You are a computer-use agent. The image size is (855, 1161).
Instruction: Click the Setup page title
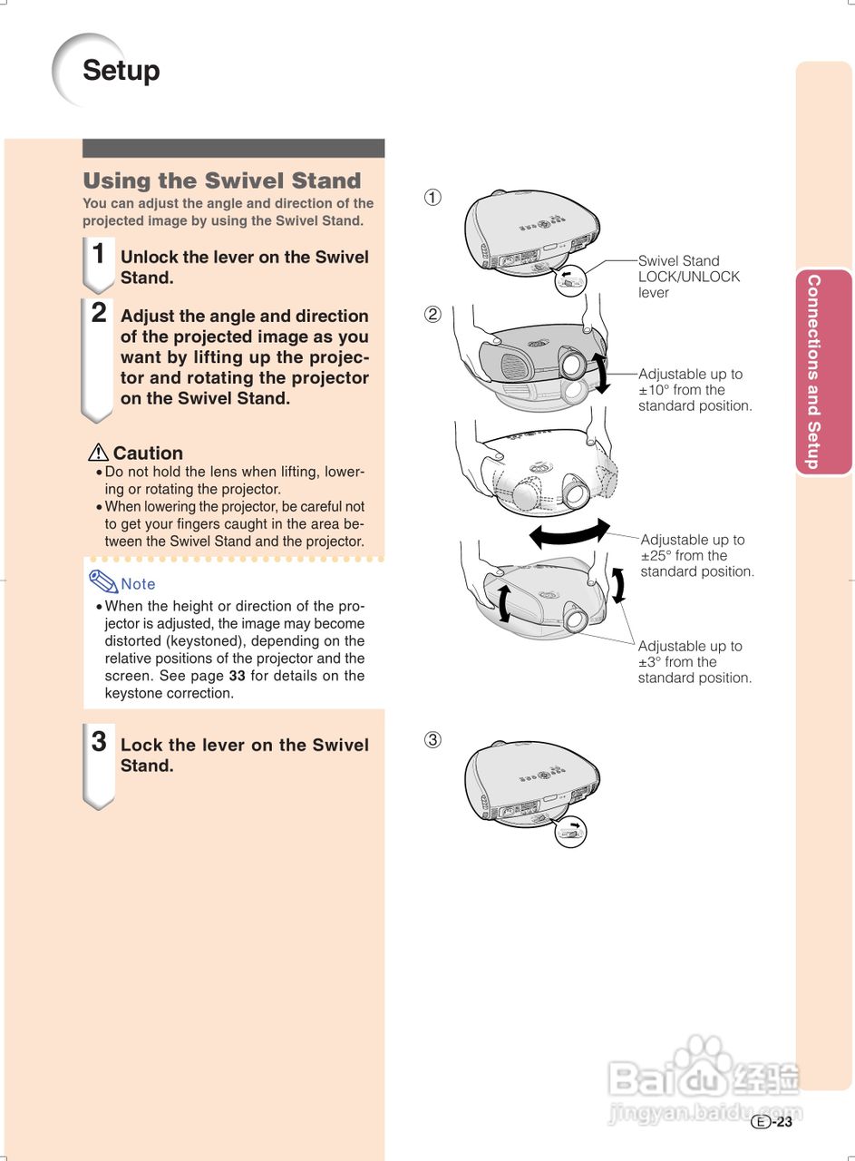pyautogui.click(x=121, y=71)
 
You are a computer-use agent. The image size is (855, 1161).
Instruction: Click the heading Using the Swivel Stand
pyautogui.click(x=221, y=180)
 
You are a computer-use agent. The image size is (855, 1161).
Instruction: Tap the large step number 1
pyautogui.click(x=99, y=254)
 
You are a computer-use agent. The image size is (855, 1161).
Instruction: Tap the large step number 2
pyautogui.click(x=99, y=313)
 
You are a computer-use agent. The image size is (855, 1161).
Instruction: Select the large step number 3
pyautogui.click(x=99, y=742)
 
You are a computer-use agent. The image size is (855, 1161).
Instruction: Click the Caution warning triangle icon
pyautogui.click(x=98, y=452)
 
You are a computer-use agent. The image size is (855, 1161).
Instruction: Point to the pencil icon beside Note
pyautogui.click(x=103, y=581)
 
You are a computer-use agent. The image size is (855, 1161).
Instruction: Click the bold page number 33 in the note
pyautogui.click(x=237, y=676)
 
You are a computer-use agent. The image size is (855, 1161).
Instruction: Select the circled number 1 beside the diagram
pyautogui.click(x=433, y=197)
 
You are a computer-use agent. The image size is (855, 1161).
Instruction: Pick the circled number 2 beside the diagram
pyautogui.click(x=433, y=315)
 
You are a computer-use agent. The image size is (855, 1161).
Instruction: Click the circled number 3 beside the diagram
pyautogui.click(x=433, y=739)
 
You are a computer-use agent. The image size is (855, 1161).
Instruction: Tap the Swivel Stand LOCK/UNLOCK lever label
pyautogui.click(x=688, y=277)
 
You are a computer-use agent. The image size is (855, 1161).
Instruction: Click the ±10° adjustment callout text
pyautogui.click(x=695, y=390)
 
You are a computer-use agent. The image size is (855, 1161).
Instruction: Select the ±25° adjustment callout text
pyautogui.click(x=696, y=556)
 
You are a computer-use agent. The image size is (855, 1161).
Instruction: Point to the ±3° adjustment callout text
pyautogui.click(x=694, y=662)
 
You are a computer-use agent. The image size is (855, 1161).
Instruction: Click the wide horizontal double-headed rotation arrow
pyautogui.click(x=569, y=533)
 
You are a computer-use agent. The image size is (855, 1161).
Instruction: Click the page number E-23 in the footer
pyautogui.click(x=772, y=1122)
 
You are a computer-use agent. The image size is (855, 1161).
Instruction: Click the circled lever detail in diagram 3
pyautogui.click(x=570, y=830)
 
